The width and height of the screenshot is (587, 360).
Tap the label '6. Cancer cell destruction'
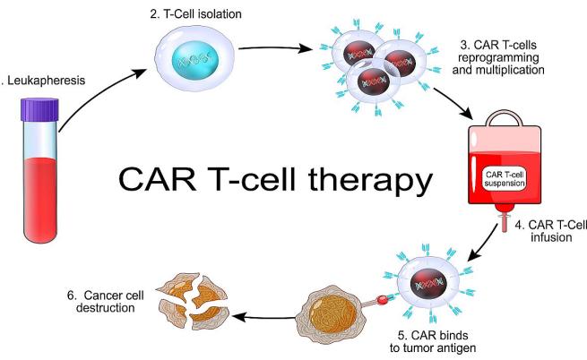tap(101, 301)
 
